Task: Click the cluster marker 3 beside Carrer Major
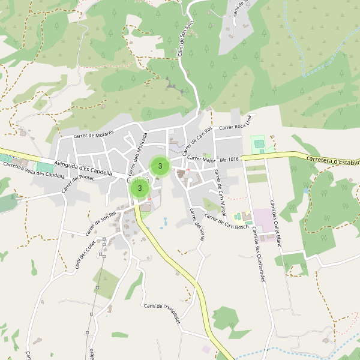click(x=160, y=166)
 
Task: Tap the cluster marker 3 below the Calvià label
click(x=140, y=188)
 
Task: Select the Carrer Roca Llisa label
click(x=238, y=127)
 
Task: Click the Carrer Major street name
click(x=201, y=160)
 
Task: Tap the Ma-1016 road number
click(x=230, y=160)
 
